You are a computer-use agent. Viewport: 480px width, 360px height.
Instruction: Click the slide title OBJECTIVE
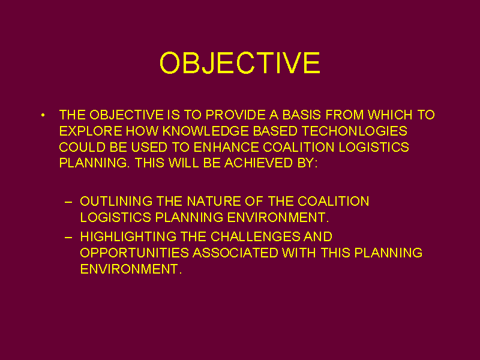pyautogui.click(x=240, y=63)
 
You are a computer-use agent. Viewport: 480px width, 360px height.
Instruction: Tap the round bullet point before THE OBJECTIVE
pyautogui.click(x=43, y=115)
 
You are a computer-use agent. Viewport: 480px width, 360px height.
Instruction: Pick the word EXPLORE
pyautogui.click(x=91, y=131)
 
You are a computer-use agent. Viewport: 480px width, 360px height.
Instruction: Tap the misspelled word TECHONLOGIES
pyautogui.click(x=355, y=131)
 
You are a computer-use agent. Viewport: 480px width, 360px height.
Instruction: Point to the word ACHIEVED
pyautogui.click(x=259, y=163)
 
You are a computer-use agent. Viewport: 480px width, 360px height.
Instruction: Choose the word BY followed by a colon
pyautogui.click(x=307, y=163)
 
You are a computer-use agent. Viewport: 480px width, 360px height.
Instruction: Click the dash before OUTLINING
pyautogui.click(x=68, y=202)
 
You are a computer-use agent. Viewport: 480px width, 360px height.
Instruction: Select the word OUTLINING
pyautogui.click(x=116, y=202)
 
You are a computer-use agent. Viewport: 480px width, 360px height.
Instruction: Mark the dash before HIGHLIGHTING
pyautogui.click(x=68, y=238)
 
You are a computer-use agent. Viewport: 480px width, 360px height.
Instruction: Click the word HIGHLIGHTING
pyautogui.click(x=128, y=236)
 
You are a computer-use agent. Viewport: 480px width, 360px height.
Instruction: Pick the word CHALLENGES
pyautogui.click(x=256, y=236)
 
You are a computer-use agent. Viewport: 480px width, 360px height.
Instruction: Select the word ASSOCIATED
pyautogui.click(x=235, y=253)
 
